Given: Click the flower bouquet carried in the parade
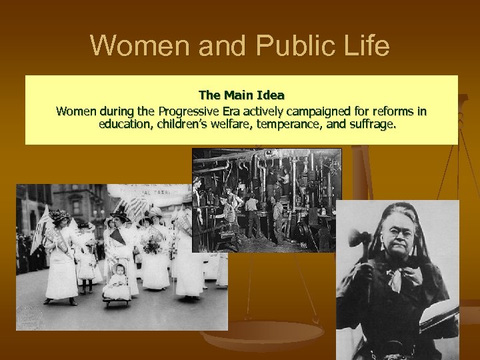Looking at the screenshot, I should [x=152, y=243].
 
